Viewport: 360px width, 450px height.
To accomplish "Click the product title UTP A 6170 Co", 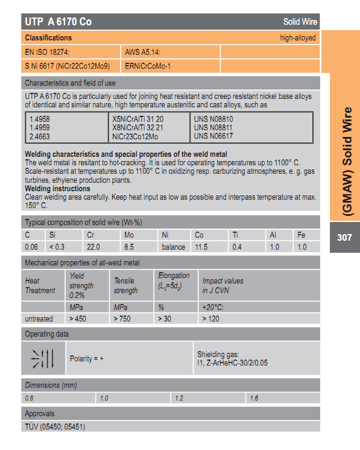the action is pos(58,22).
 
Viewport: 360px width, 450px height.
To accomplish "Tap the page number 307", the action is pos(344,237).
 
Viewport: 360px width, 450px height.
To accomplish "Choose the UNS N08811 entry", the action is pos(213,128).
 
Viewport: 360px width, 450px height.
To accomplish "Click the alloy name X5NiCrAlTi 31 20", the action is pos(138,119).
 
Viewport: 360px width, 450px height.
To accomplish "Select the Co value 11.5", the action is pos(202,247).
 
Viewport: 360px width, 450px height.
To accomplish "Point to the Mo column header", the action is pos(128,234).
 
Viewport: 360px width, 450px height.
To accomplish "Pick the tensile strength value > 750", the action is pos(122,318).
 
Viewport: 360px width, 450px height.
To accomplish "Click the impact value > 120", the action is pos(210,318).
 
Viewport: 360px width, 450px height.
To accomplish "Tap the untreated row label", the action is pos(39,318).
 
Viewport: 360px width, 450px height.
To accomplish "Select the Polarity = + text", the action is pos(87,358).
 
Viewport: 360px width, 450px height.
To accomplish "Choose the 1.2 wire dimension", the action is pos(178,398).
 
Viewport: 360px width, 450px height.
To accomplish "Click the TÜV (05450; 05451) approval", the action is pos(55,427).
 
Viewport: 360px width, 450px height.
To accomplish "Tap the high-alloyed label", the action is pos(298,37).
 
